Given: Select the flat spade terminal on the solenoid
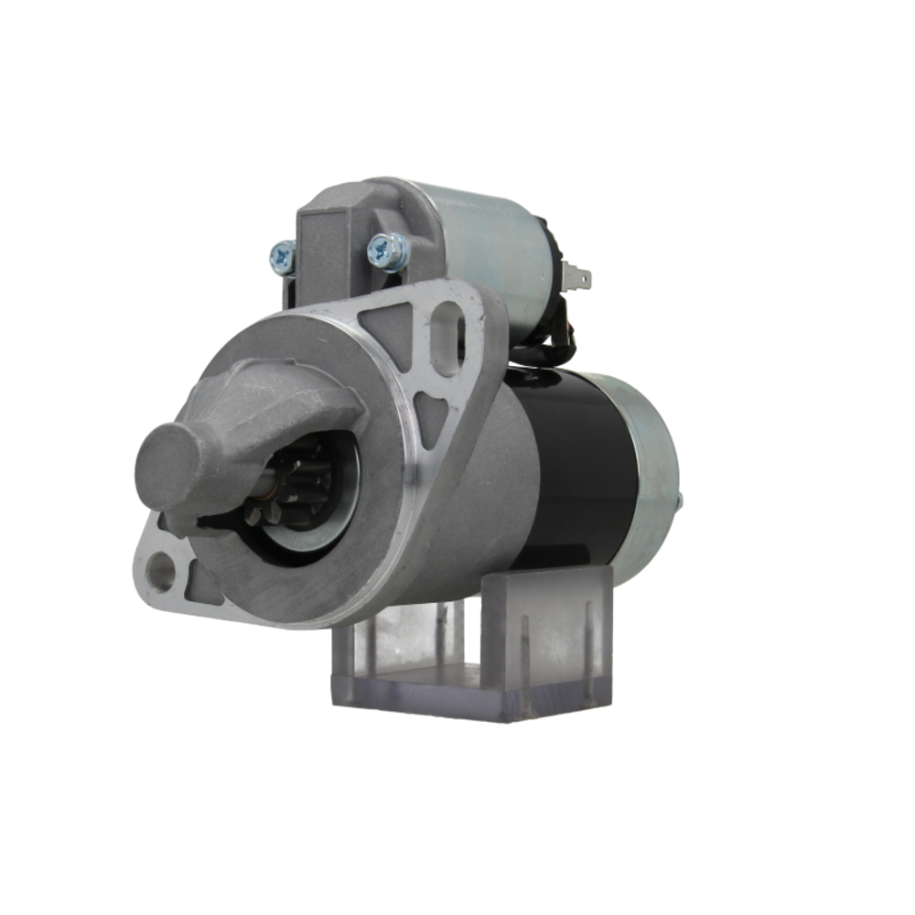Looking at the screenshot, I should [x=577, y=274].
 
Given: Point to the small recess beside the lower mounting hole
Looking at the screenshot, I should [x=201, y=586].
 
